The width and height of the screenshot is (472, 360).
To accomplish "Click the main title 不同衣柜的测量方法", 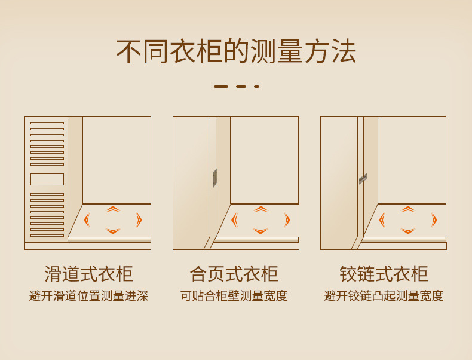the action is (x=236, y=51).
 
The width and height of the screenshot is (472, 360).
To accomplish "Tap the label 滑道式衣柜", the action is (x=88, y=274).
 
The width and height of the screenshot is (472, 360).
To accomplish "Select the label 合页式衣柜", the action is (x=234, y=274).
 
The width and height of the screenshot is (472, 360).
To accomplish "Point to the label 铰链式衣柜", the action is (x=384, y=274).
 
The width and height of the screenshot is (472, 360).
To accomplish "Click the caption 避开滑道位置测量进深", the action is (x=88, y=296).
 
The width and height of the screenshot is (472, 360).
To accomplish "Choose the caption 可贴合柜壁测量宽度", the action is (x=234, y=296).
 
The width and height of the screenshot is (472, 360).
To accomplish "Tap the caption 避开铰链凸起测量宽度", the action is (x=384, y=296).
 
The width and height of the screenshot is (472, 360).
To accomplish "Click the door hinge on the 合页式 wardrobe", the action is (x=215, y=178).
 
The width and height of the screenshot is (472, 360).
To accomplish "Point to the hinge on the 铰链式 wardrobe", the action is (x=363, y=178).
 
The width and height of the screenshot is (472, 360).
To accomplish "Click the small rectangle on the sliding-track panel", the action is (x=47, y=179).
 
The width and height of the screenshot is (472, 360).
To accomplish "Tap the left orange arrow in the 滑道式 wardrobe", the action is (x=87, y=220).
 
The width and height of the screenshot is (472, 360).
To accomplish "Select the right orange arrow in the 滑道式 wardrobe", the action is (x=139, y=220).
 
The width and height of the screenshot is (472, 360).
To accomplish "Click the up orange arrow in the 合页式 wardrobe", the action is (x=260, y=209).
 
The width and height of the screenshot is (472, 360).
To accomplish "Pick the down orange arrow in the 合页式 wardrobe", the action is (x=260, y=231).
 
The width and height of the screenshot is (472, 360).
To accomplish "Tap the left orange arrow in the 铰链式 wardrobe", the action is (x=382, y=220).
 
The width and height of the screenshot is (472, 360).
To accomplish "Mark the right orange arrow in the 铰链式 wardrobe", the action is (x=434, y=220).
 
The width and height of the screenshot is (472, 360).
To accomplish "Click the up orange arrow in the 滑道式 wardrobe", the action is (x=113, y=209).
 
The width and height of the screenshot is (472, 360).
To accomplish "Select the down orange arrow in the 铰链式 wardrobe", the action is (x=408, y=231).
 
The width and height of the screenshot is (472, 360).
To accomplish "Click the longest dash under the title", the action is (x=221, y=86).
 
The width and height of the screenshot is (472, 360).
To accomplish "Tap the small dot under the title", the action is (x=256, y=86).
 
